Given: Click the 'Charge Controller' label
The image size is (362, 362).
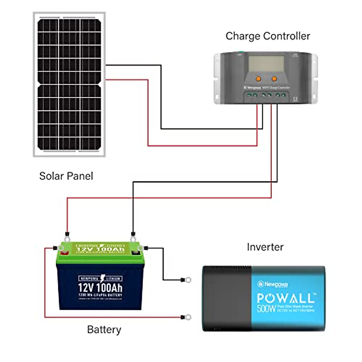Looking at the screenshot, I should (x=268, y=36).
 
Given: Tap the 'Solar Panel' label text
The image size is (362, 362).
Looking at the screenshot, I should (x=66, y=176).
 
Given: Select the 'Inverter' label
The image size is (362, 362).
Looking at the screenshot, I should (x=265, y=247).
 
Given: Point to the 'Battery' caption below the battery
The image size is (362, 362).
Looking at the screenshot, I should (x=104, y=329).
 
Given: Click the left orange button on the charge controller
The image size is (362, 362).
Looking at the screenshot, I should (x=259, y=79).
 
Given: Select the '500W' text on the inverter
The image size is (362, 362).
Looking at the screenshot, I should (x=266, y=309).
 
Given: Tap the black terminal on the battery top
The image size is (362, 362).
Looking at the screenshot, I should (x=135, y=253).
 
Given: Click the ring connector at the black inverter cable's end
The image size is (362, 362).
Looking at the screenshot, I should (x=187, y=280).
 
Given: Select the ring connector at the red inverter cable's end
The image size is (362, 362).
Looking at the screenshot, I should (x=187, y=317).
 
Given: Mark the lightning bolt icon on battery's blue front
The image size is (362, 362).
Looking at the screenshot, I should (x=103, y=278).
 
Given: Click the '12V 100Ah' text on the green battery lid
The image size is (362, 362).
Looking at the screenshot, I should (x=100, y=249).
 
